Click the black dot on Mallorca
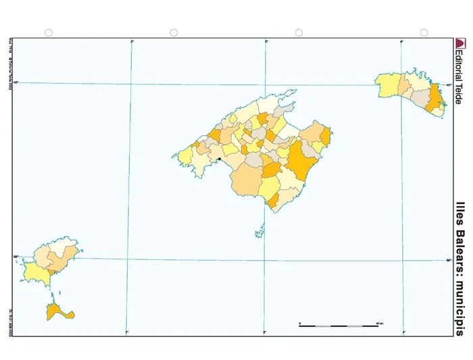tap(220, 159)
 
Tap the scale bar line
tap(339, 326)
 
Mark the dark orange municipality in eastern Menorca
tap(436, 101)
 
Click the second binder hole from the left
tap(174, 33)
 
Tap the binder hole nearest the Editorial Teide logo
tap(424, 33)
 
